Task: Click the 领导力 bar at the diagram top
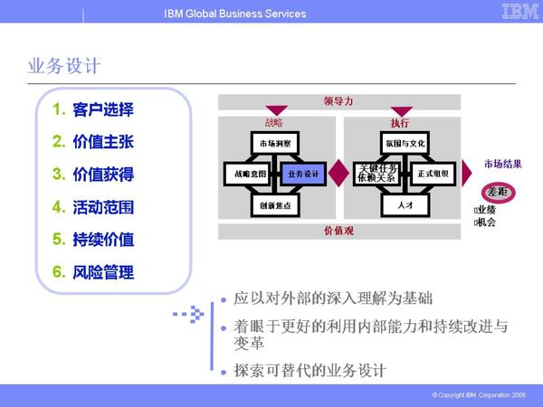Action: point(338,100)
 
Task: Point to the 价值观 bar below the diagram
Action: point(338,231)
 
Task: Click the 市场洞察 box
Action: point(275,143)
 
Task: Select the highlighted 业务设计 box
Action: point(303,173)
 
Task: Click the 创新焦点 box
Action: point(275,205)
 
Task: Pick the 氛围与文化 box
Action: point(405,143)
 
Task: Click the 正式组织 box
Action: point(433,173)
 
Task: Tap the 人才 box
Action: point(405,205)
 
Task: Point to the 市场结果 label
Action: point(502,164)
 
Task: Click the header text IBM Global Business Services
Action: point(235,14)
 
